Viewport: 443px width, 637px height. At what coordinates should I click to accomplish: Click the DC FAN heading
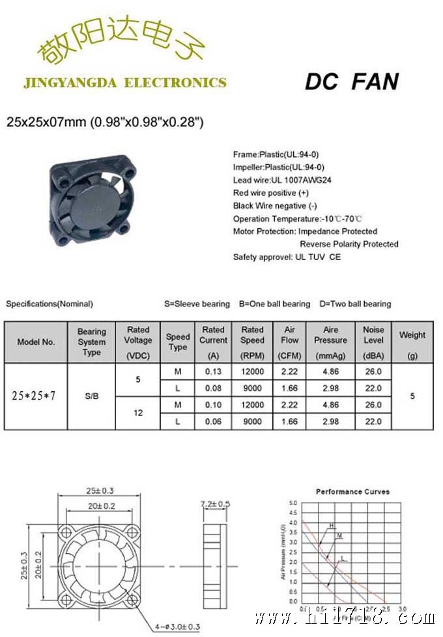[351, 81]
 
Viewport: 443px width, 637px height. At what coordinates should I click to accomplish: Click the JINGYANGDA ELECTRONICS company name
[124, 83]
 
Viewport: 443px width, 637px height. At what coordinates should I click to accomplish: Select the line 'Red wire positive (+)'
[271, 193]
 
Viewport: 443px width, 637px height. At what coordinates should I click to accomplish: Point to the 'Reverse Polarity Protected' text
[349, 244]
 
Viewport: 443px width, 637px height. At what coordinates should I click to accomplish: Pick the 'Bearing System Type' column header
[92, 342]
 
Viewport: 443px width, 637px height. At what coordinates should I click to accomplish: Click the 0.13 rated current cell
[213, 372]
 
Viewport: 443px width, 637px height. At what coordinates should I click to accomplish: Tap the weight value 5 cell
[412, 396]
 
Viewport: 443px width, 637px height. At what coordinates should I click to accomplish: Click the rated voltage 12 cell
[138, 413]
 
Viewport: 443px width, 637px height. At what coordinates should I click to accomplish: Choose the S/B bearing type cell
[92, 396]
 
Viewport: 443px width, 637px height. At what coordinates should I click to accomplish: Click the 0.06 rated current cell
[213, 422]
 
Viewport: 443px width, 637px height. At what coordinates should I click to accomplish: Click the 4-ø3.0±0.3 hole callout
[177, 627]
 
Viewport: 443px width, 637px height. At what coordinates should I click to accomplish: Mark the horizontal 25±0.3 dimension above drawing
[99, 491]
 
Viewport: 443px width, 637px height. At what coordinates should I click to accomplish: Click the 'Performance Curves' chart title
[352, 491]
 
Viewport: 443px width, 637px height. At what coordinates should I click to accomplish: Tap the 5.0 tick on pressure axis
[293, 503]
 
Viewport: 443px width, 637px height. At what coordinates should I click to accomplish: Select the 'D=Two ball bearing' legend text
[355, 304]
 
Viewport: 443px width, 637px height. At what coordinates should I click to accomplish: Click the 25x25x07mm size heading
[105, 121]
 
